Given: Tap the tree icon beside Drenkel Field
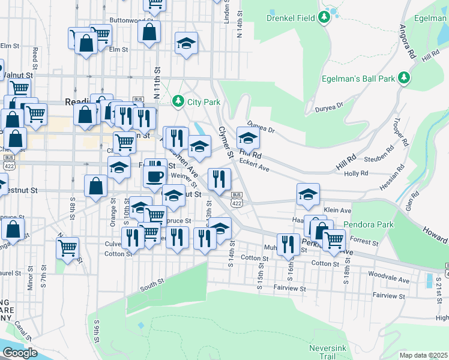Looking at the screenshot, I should pos(324,17).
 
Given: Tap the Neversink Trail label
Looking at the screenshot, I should pos(328,352).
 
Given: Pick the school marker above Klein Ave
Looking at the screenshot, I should pos(308,194).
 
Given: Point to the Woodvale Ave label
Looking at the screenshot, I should pos(389,280).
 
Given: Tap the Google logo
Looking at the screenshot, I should pos(20,353).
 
